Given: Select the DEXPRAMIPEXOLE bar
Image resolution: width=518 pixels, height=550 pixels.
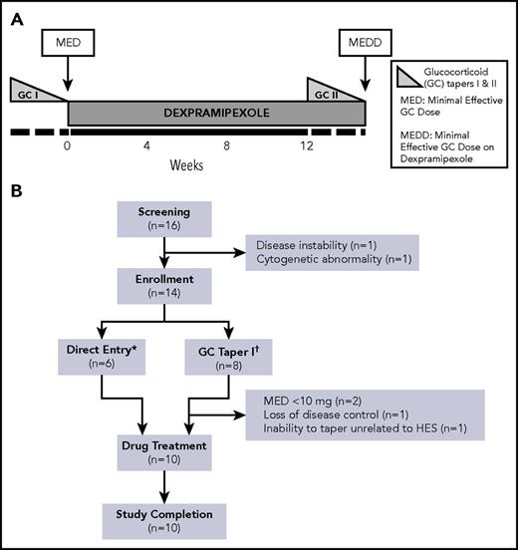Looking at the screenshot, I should click(187, 113).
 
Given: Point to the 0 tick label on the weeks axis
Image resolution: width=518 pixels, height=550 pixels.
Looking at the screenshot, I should click(68, 144).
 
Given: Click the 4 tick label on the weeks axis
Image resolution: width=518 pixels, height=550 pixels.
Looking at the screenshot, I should click(146, 144).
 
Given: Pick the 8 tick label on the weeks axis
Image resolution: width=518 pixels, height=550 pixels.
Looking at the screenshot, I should click(227, 144).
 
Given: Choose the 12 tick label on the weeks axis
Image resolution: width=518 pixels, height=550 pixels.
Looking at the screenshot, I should click(306, 144).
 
